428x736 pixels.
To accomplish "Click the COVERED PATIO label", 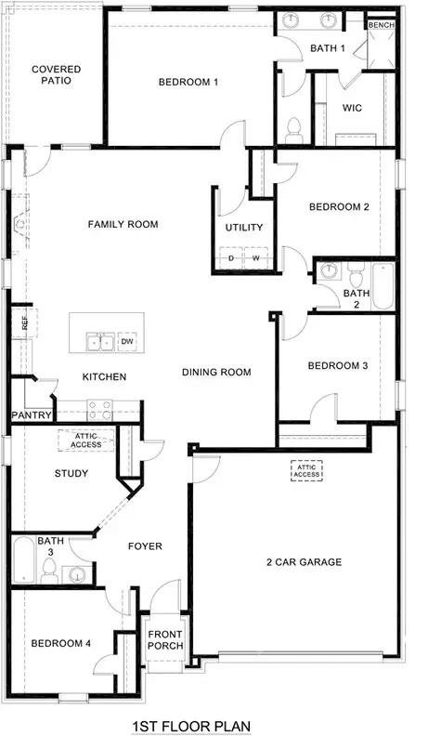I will pyautogui.click(x=56, y=75).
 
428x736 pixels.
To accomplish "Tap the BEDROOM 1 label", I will pyautogui.click(x=188, y=82).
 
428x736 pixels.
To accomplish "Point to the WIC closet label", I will pyautogui.click(x=351, y=108).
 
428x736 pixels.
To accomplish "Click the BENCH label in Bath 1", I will pyautogui.click(x=381, y=25).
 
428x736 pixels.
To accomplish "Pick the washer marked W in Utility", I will pyautogui.click(x=255, y=257).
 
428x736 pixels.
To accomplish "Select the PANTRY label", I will pyautogui.click(x=30, y=414).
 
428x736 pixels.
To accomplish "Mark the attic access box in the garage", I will pyautogui.click(x=306, y=472).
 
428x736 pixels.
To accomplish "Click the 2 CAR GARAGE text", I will pyautogui.click(x=305, y=561).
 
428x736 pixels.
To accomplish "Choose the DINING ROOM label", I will pyautogui.click(x=216, y=373).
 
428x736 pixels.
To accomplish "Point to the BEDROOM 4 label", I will pyautogui.click(x=59, y=643).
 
